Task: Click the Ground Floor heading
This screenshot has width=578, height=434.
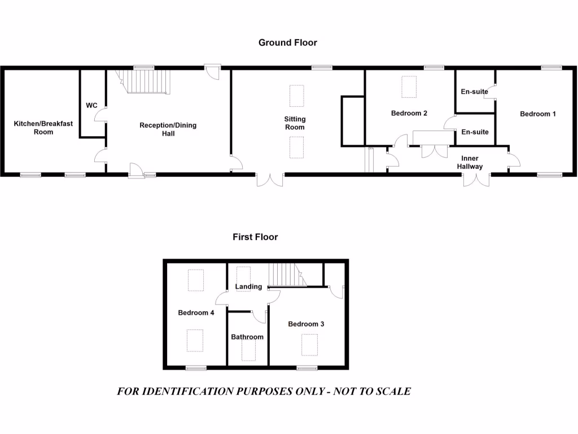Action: tap(288, 42)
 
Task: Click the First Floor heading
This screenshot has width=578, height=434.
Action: tap(255, 237)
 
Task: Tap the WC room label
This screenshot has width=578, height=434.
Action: tap(91, 106)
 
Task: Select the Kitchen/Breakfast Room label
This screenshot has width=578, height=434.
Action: tap(43, 128)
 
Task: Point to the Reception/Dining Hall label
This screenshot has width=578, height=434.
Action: tap(168, 129)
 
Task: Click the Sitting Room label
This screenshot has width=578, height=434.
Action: tap(295, 123)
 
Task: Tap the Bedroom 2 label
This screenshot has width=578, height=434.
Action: tap(409, 113)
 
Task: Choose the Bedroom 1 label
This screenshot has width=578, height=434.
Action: tap(538, 114)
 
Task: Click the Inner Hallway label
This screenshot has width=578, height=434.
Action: tap(470, 162)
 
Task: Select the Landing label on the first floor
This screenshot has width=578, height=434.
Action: tap(248, 287)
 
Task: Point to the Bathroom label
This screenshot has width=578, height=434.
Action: tap(247, 337)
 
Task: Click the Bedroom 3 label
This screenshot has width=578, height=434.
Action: tap(306, 324)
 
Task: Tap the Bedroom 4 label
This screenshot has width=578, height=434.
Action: tap(196, 313)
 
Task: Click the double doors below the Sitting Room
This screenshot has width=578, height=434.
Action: tap(270, 179)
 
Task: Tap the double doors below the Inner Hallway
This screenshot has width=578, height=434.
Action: tap(476, 179)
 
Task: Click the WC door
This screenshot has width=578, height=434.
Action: tap(100, 115)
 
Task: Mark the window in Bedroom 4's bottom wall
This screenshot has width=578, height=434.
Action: tap(196, 368)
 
